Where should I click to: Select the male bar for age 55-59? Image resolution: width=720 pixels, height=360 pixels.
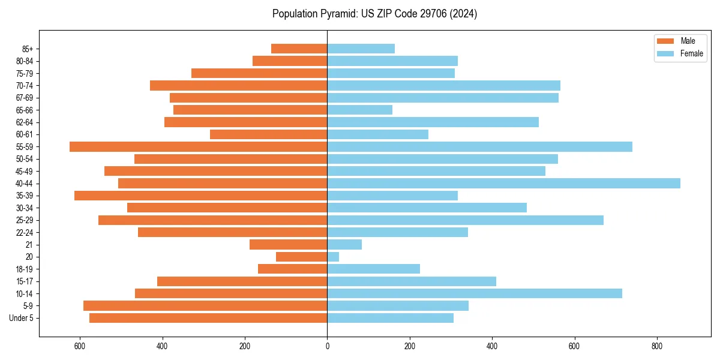[198, 146]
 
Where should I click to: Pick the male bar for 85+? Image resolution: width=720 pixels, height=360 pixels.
[299, 49]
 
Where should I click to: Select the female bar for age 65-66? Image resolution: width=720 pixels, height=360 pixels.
[359, 110]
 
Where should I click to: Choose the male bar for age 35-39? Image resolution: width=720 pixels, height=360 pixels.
[200, 196]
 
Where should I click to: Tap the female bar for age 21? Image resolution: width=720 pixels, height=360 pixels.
[344, 244]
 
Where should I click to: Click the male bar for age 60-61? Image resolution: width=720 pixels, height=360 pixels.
[268, 134]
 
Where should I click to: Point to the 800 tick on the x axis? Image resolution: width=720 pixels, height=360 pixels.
[657, 346]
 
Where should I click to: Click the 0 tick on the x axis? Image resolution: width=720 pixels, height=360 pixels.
[327, 346]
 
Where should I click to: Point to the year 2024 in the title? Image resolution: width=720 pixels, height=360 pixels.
[465, 14]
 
